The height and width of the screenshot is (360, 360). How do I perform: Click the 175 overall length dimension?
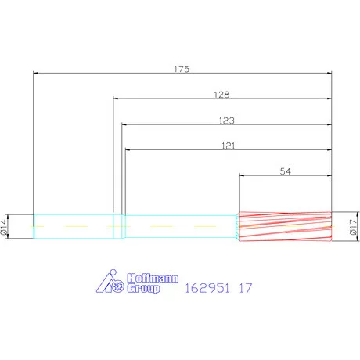click(182, 69)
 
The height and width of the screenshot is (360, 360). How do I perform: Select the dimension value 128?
click(221, 94)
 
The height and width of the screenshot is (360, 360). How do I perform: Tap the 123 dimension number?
click(228, 121)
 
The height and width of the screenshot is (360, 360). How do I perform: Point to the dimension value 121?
click(229, 146)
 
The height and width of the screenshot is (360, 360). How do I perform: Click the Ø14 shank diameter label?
click(5, 227)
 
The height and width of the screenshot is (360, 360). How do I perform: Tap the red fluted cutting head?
click(284, 227)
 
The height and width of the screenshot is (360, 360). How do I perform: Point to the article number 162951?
click(208, 287)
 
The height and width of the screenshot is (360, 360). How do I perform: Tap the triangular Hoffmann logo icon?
click(109, 283)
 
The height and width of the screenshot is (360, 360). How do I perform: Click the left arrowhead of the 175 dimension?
click(37, 74)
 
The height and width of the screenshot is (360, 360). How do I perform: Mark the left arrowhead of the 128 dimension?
click(117, 99)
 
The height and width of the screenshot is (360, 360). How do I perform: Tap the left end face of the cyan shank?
click(34, 227)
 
